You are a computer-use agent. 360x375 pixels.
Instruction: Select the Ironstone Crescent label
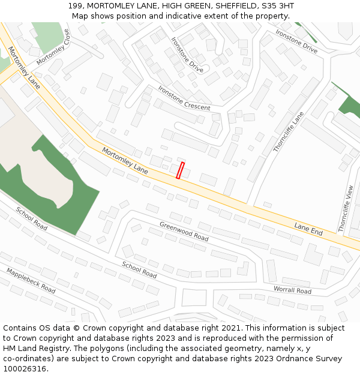184,98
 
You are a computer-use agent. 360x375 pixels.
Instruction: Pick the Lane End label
308,229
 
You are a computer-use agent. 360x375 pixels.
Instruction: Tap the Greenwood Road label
184,231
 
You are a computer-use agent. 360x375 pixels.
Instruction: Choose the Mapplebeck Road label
31,280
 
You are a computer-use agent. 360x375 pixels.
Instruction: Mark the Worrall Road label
292,290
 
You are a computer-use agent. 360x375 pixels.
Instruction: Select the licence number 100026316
26,369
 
